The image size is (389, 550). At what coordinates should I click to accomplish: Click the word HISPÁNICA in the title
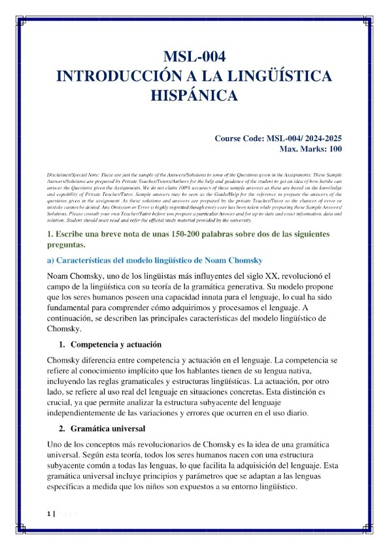[194, 96]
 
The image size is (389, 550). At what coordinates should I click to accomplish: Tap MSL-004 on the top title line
[194, 56]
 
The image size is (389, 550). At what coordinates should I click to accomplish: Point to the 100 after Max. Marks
[333, 150]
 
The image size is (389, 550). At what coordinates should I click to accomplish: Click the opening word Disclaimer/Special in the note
[71, 177]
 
